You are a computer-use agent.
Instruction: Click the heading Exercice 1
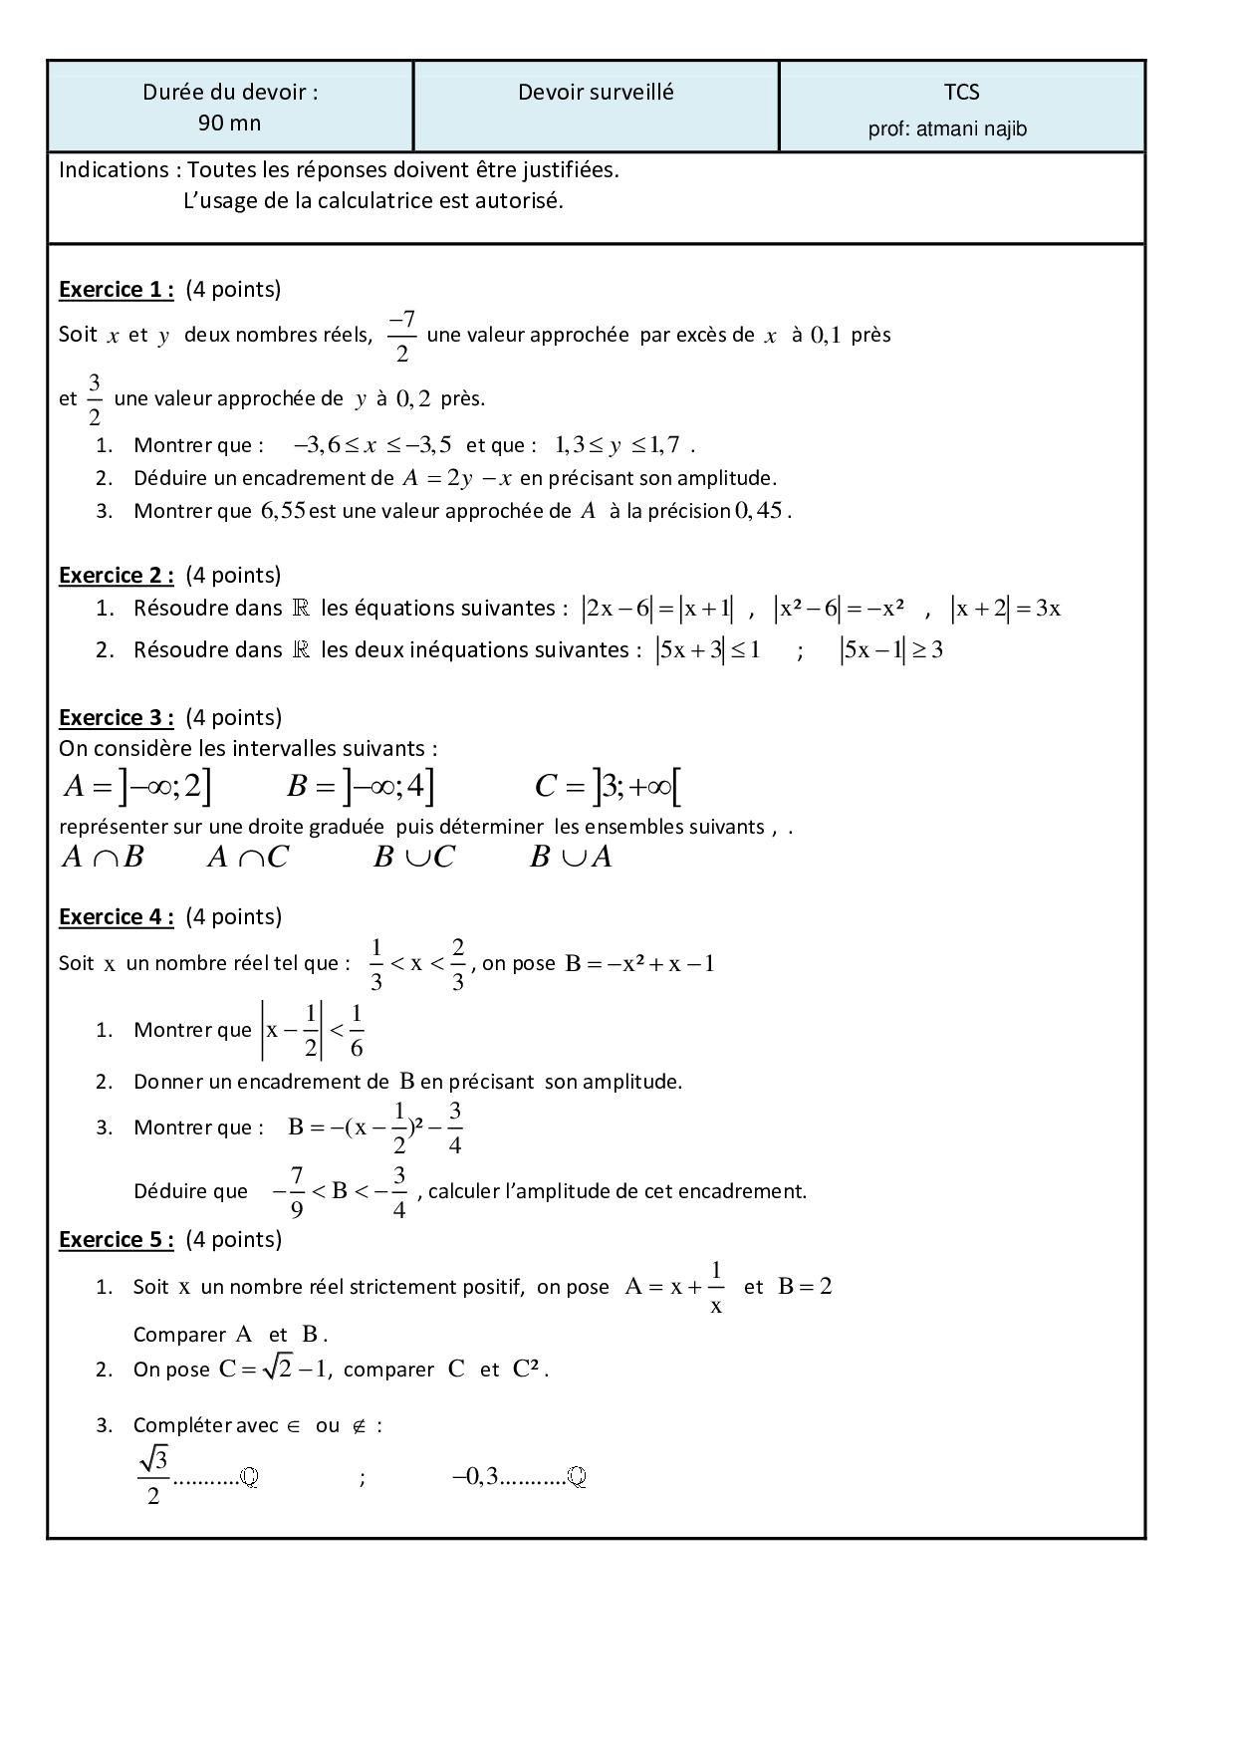point(117,290)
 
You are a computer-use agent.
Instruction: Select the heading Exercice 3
point(117,718)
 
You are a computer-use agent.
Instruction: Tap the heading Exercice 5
point(117,1240)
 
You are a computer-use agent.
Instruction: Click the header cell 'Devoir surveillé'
point(596,93)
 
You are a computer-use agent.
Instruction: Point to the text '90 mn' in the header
point(230,124)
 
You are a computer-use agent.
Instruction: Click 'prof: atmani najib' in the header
point(947,129)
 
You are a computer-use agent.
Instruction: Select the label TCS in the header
point(962,93)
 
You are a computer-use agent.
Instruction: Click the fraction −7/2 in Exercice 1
point(401,336)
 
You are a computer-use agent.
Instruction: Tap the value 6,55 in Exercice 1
point(282,512)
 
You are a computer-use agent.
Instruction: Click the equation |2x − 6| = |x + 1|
point(659,609)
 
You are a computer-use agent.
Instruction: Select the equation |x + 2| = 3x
point(1006,609)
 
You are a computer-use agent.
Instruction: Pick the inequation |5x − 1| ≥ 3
point(891,650)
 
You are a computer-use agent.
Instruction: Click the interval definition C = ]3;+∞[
point(608,788)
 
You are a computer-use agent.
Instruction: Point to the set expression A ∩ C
point(248,858)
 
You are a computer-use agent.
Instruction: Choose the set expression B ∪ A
point(571,858)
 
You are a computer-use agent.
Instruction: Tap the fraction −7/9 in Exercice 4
point(290,1191)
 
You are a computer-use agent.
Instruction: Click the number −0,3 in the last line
point(474,1478)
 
